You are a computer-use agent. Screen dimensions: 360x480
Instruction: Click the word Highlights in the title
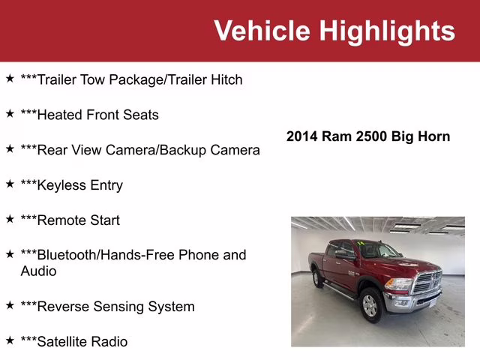(x=387, y=31)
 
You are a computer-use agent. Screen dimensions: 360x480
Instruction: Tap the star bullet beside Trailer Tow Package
(x=10, y=78)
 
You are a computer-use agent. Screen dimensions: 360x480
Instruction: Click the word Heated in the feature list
(x=59, y=115)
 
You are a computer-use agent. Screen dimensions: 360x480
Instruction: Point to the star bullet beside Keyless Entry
(x=10, y=184)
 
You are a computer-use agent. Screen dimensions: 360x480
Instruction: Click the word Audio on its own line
(x=38, y=271)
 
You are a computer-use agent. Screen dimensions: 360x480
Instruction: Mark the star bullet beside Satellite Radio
(x=10, y=340)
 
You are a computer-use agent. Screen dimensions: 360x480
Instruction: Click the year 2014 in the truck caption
(x=302, y=136)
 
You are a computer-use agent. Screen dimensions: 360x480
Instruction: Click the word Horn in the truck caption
(x=434, y=136)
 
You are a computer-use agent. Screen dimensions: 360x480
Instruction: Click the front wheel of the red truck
(x=370, y=304)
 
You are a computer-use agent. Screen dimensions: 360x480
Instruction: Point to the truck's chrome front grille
(x=427, y=283)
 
